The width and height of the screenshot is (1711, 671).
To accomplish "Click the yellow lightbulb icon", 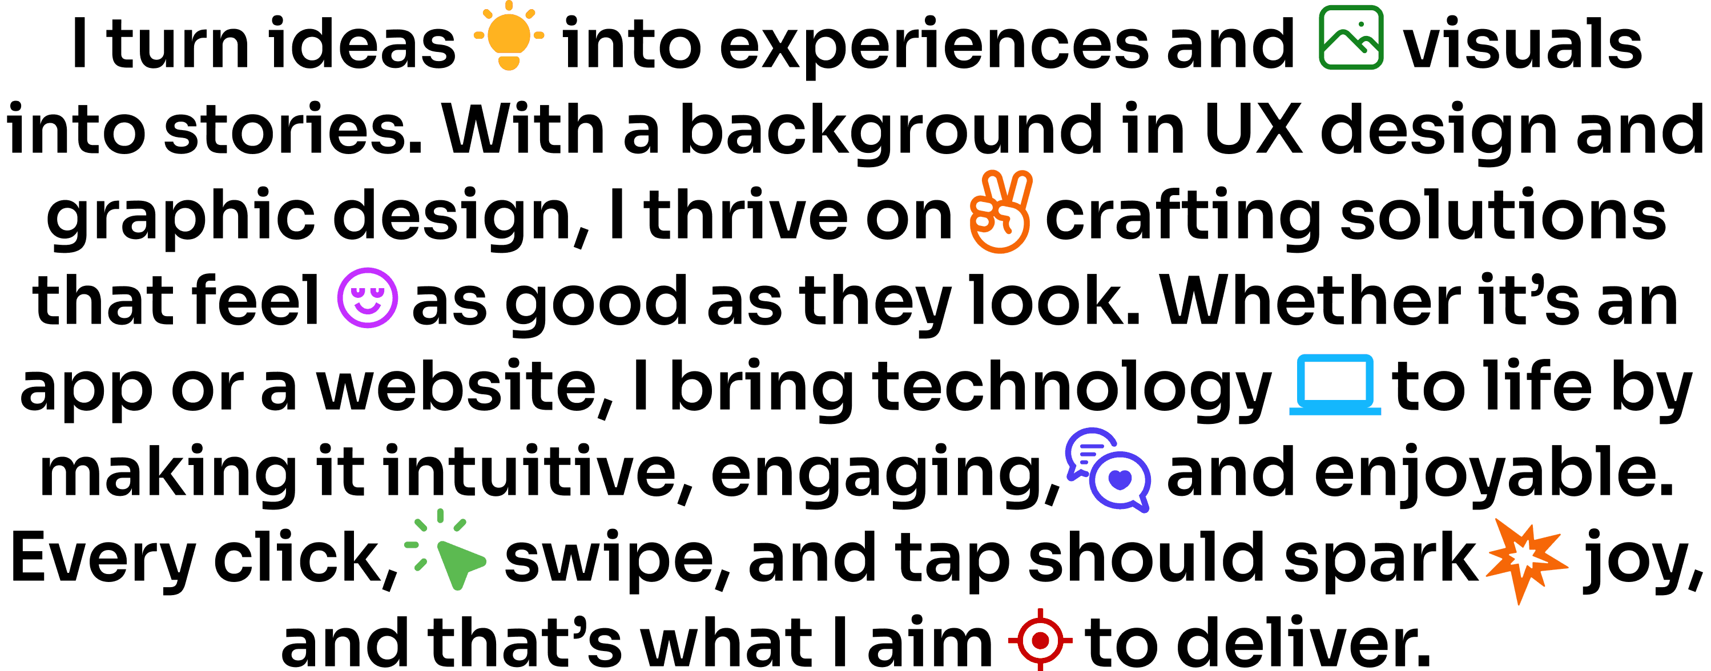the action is [509, 36].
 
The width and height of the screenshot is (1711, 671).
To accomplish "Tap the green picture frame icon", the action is [1351, 37].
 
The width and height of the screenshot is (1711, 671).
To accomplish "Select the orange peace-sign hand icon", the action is [1000, 212].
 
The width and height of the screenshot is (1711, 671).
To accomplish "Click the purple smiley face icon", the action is [367, 297].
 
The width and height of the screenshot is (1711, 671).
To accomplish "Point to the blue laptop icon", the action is [1334, 385].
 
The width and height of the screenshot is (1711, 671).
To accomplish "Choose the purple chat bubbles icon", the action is [1107, 470].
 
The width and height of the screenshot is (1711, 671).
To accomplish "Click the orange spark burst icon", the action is [1527, 560].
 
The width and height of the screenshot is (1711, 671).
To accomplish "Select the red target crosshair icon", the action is [1040, 640].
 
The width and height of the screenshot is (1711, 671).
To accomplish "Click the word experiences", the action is [933, 46].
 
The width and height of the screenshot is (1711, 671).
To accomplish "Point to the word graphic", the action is [180, 216].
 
